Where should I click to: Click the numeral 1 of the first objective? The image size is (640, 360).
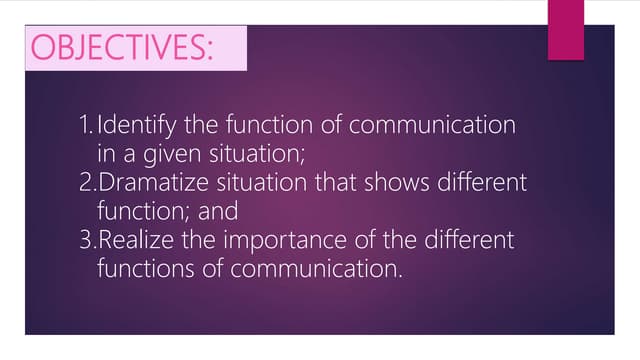[83, 127]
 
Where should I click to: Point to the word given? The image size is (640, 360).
[164, 156]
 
